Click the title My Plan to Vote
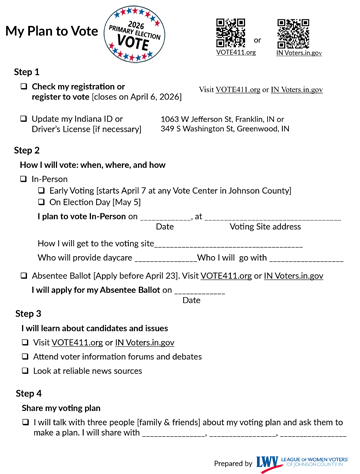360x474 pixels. [x=52, y=31]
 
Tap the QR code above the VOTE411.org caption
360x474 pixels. [x=230, y=31]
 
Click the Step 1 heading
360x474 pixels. [x=27, y=72]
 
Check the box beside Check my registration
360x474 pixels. [x=23, y=88]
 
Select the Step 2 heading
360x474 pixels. [x=27, y=149]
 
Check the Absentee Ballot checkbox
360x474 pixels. [x=23, y=274]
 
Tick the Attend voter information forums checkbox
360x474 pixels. [x=23, y=356]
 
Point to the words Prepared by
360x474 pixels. [x=233, y=463]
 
